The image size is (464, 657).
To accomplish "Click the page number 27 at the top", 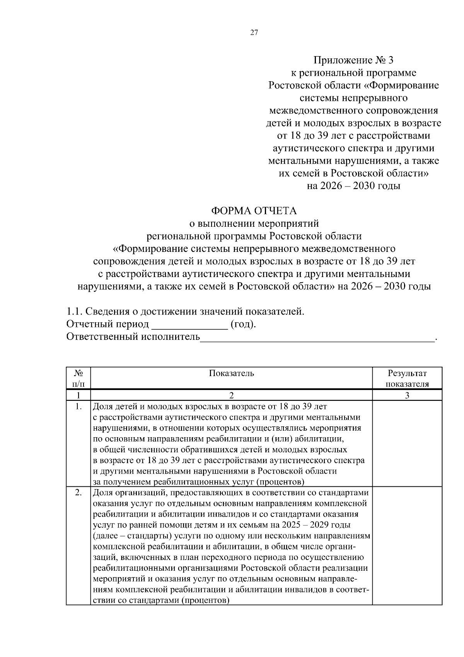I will click(x=254, y=33).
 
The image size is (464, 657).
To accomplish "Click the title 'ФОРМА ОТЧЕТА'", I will click(x=254, y=211).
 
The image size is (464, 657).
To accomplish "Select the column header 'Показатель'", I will click(x=231, y=373).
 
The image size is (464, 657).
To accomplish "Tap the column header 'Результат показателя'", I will click(x=407, y=378).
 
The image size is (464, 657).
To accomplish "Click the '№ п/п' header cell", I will click(x=78, y=378).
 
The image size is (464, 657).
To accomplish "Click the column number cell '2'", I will click(x=231, y=395).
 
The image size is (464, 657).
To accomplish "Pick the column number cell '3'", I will click(x=407, y=395).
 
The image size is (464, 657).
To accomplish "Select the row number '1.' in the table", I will click(x=78, y=407).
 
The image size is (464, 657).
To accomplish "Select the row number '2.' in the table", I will click(x=78, y=493).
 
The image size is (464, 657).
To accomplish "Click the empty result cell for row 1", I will click(x=407, y=444).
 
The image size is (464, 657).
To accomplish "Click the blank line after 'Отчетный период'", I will click(x=189, y=325).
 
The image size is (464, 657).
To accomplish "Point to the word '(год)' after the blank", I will click(x=242, y=324).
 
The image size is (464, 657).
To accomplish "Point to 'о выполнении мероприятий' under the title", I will click(x=254, y=224).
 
